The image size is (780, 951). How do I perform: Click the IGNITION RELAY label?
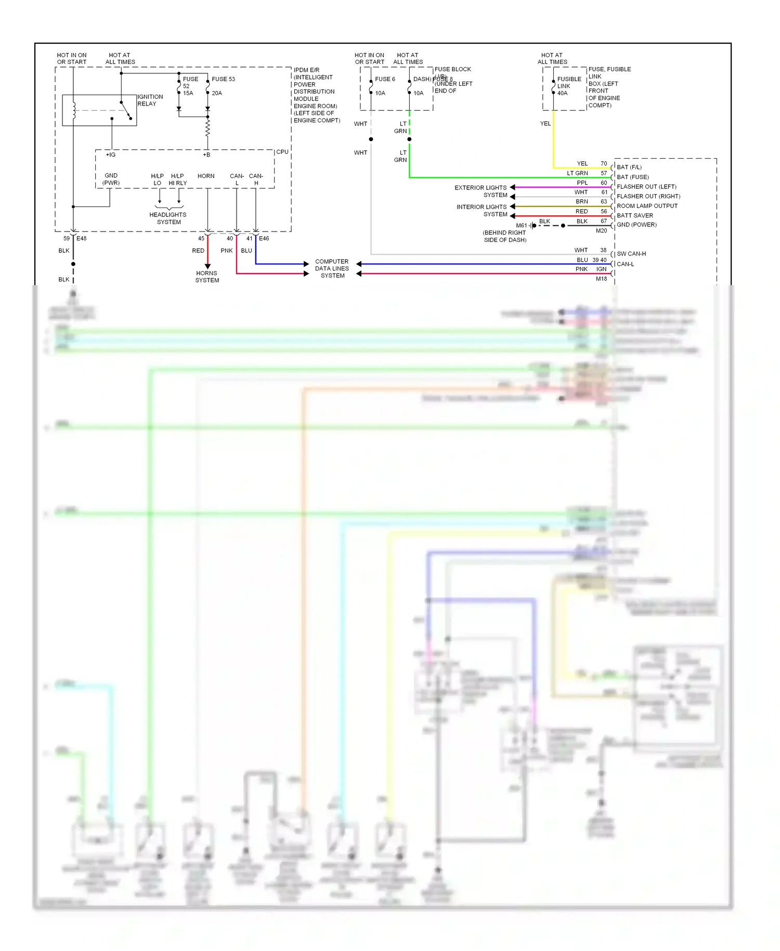(150, 100)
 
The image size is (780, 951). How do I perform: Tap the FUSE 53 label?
(223, 79)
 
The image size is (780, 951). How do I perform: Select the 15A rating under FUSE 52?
(188, 93)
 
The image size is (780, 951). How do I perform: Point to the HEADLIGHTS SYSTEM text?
(168, 218)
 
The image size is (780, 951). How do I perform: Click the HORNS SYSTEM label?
(207, 276)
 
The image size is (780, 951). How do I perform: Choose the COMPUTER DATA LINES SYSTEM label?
(332, 268)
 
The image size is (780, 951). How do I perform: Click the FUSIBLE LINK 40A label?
(568, 86)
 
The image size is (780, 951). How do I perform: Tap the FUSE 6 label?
(385, 79)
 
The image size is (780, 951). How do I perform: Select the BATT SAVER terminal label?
(634, 215)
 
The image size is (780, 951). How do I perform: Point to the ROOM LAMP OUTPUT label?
(647, 206)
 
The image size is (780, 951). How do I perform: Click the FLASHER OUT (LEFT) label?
(646, 187)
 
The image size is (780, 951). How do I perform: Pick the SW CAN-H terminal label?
(631, 254)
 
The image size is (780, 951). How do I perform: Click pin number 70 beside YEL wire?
(603, 163)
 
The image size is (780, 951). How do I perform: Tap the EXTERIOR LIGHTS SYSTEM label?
(480, 191)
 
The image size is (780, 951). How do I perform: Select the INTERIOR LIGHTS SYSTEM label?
(482, 210)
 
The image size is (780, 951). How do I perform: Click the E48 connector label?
(82, 238)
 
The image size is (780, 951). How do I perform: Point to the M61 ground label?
(521, 225)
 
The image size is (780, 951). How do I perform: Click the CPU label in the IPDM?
(282, 152)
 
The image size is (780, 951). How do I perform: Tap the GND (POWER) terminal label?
(636, 225)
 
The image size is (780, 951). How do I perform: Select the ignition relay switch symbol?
(126, 110)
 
